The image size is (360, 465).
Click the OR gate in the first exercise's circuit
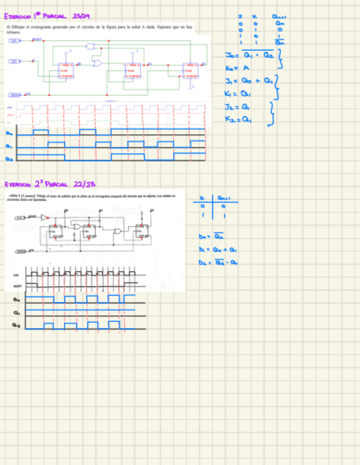click(x=97, y=63)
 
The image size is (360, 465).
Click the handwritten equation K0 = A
click(x=238, y=67)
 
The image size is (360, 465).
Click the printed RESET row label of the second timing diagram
click(x=17, y=286)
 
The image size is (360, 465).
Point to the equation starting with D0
click(x=212, y=237)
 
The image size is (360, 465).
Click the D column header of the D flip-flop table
click(x=201, y=197)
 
